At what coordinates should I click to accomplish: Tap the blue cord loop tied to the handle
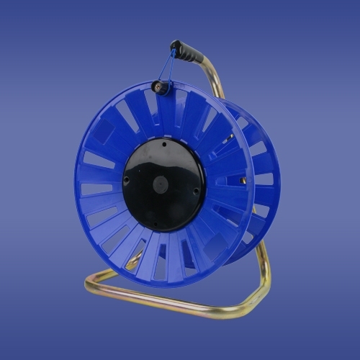click(167, 68)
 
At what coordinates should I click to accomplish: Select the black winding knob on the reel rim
click(161, 88)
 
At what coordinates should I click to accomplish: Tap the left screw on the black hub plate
click(127, 181)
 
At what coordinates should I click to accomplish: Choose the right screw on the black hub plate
click(196, 190)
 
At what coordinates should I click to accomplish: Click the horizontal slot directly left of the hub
click(97, 189)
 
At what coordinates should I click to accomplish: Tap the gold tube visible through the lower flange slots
click(134, 262)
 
